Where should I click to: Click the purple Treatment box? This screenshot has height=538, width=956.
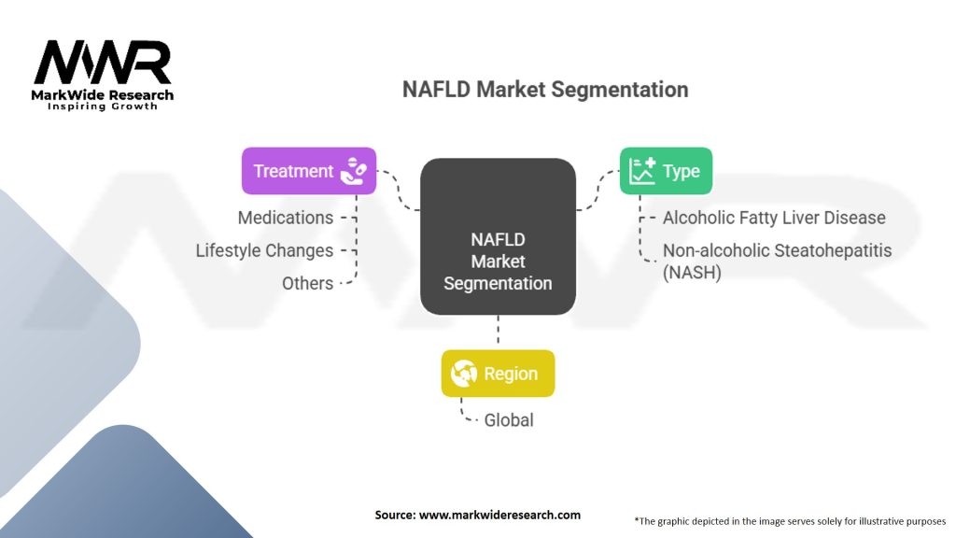point(308,171)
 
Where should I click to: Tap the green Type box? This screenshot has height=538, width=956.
point(665,171)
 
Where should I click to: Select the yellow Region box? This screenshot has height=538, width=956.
point(498,374)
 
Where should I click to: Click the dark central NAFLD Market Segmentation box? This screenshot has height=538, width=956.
point(498,237)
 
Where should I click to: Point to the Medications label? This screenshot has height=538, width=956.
point(285,218)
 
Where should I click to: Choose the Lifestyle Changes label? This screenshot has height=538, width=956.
point(264,250)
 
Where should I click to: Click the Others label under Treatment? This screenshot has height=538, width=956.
point(307,283)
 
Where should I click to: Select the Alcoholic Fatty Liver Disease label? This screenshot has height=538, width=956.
point(774,218)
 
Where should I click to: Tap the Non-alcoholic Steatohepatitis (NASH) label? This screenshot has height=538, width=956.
point(777,262)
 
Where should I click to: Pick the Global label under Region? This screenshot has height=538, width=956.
point(509,420)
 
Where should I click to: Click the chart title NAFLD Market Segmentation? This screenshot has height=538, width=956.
point(545,90)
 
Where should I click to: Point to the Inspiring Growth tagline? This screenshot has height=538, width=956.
point(103,107)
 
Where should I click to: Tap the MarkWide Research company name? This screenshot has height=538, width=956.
point(103,95)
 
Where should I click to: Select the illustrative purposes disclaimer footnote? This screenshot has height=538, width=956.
point(790,521)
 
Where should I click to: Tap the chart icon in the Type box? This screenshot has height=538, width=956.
point(642,171)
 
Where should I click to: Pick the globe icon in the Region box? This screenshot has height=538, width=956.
point(464,374)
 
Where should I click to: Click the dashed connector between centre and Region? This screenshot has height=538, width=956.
point(498,332)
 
